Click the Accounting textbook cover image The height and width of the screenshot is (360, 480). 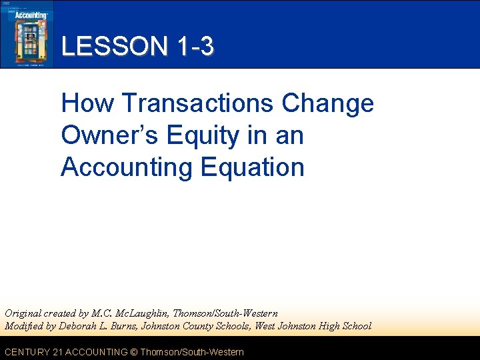[26, 34]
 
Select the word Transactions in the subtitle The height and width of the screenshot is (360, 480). [198, 103]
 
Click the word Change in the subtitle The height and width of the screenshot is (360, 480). [327, 103]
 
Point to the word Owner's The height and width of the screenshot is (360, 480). [109, 135]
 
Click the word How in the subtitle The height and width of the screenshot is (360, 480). [87, 103]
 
